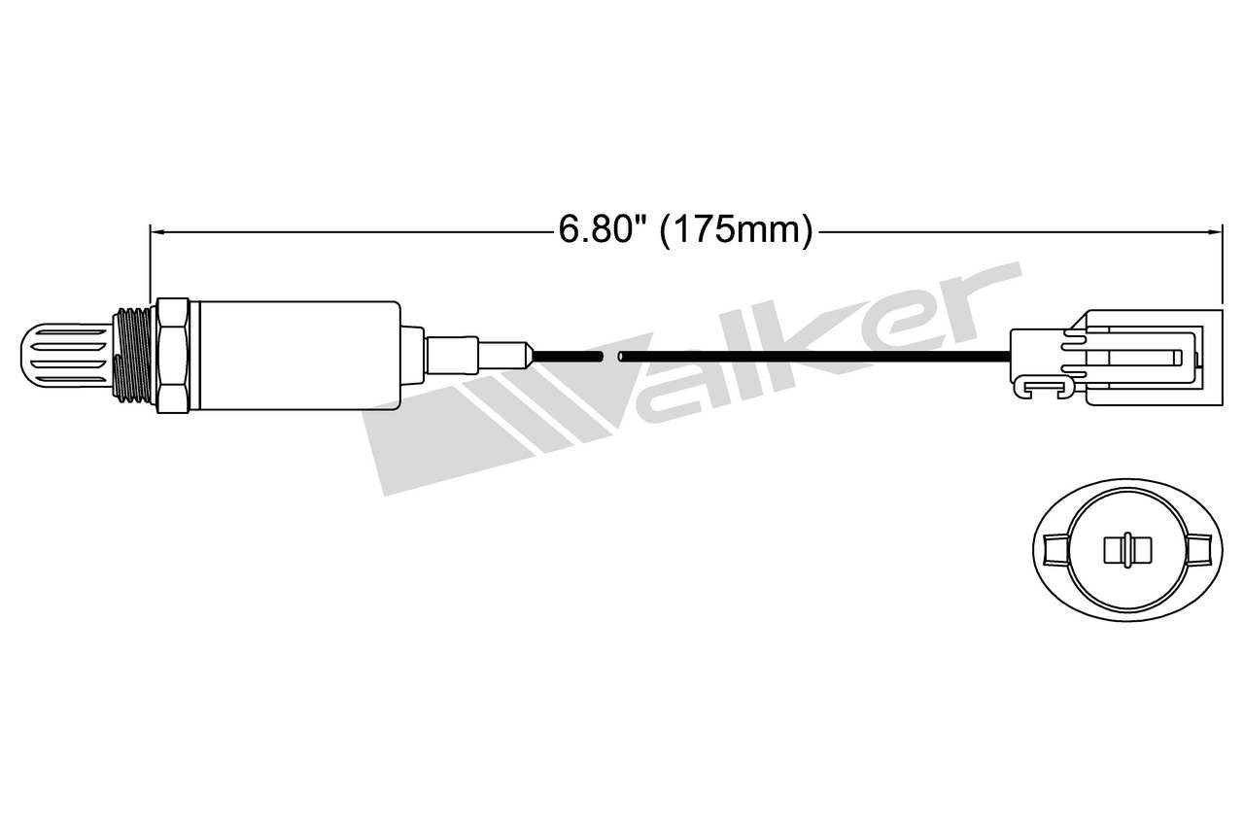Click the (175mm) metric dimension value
[736, 230]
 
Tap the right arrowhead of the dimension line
[1215, 231]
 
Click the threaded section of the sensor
[133, 354]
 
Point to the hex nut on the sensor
[172, 355]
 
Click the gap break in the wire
[610, 356]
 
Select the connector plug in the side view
[1142, 356]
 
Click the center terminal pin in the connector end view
[1125, 550]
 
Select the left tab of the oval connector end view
[1052, 550]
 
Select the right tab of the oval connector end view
[1199, 550]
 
